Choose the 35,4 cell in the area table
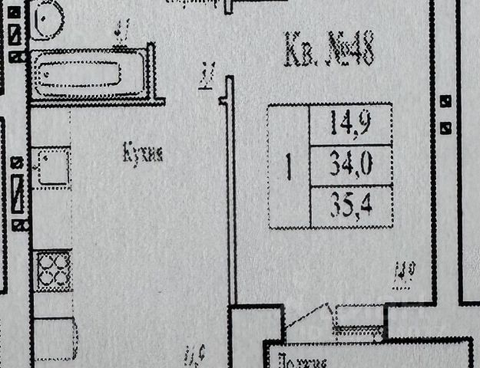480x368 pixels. (x=349, y=206)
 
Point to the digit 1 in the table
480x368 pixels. (x=289, y=167)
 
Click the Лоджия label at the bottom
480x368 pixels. (x=303, y=361)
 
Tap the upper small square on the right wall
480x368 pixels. (x=445, y=100)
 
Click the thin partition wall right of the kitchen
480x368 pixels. (x=228, y=199)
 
